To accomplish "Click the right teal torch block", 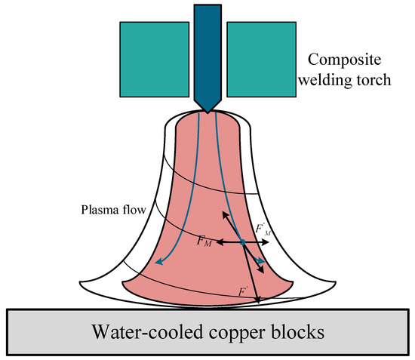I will (x=260, y=48).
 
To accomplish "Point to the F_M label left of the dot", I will (x=204, y=242).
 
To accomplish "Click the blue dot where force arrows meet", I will (x=242, y=242).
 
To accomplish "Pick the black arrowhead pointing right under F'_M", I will (x=269, y=242).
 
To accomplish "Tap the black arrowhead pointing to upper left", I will (x=223, y=213).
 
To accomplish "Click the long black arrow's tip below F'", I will (x=258, y=302).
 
